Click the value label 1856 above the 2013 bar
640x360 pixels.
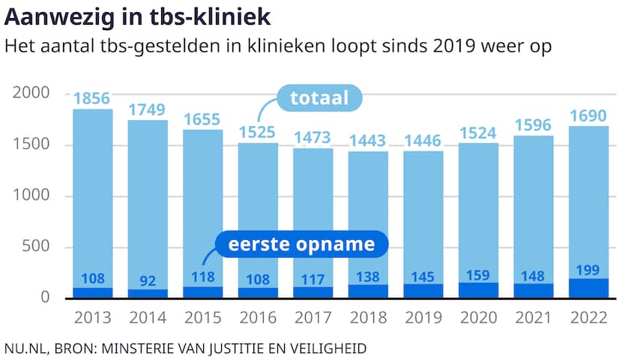[x=93, y=99]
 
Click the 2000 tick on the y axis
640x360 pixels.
[x=31, y=94]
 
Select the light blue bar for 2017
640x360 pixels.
[x=313, y=217]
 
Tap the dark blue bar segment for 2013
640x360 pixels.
[x=93, y=293]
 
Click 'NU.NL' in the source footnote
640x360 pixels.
[x=25, y=349]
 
